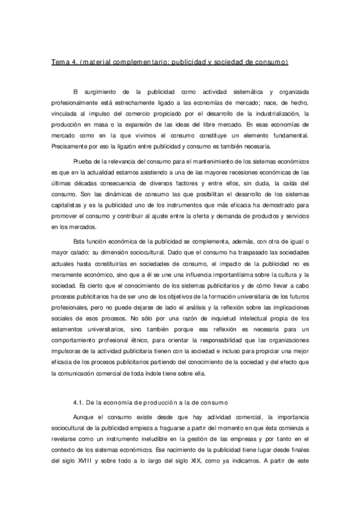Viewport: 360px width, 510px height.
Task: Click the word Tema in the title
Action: point(59,62)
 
